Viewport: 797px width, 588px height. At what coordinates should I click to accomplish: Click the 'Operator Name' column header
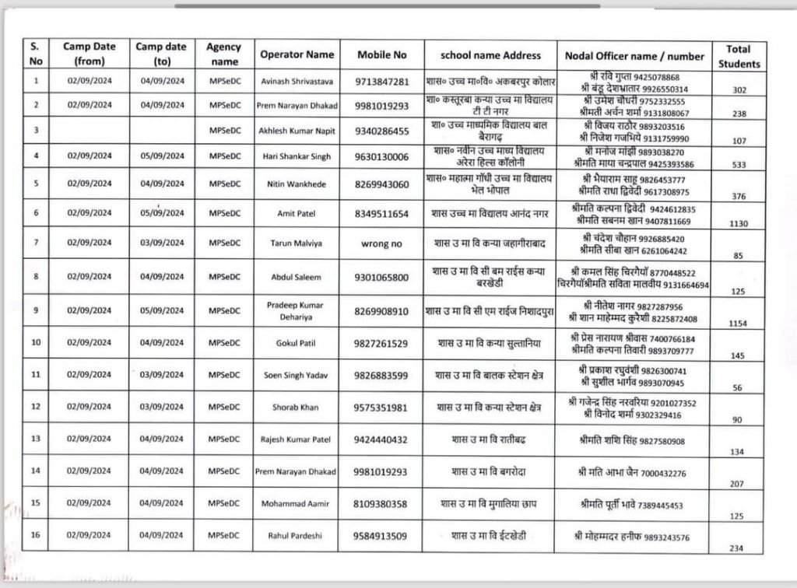point(297,54)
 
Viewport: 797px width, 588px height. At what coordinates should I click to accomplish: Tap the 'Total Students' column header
point(739,56)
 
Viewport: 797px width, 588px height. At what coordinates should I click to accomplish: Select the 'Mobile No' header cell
point(381,54)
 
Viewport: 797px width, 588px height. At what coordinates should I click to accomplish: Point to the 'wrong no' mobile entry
point(381,243)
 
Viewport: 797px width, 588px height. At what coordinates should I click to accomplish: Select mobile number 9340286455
point(381,131)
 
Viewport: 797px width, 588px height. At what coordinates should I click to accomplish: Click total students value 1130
point(738,223)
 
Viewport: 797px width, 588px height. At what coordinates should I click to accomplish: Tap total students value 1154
point(738,323)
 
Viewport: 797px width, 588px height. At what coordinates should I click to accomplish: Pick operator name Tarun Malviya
point(296,243)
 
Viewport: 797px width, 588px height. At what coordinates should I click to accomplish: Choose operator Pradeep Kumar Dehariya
point(296,310)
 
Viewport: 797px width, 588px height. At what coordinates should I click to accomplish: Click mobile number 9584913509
point(381,536)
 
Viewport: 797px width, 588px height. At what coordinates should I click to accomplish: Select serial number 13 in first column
point(36,439)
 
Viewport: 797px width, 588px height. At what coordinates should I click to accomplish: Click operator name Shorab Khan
point(296,407)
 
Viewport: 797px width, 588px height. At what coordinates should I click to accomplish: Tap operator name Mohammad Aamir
point(296,503)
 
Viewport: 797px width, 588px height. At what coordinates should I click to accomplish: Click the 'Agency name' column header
point(223,54)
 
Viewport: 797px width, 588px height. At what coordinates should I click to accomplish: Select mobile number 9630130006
point(381,156)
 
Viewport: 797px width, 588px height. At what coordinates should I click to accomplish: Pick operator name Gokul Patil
point(296,342)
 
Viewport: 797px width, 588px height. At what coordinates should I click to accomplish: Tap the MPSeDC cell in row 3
point(225,131)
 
